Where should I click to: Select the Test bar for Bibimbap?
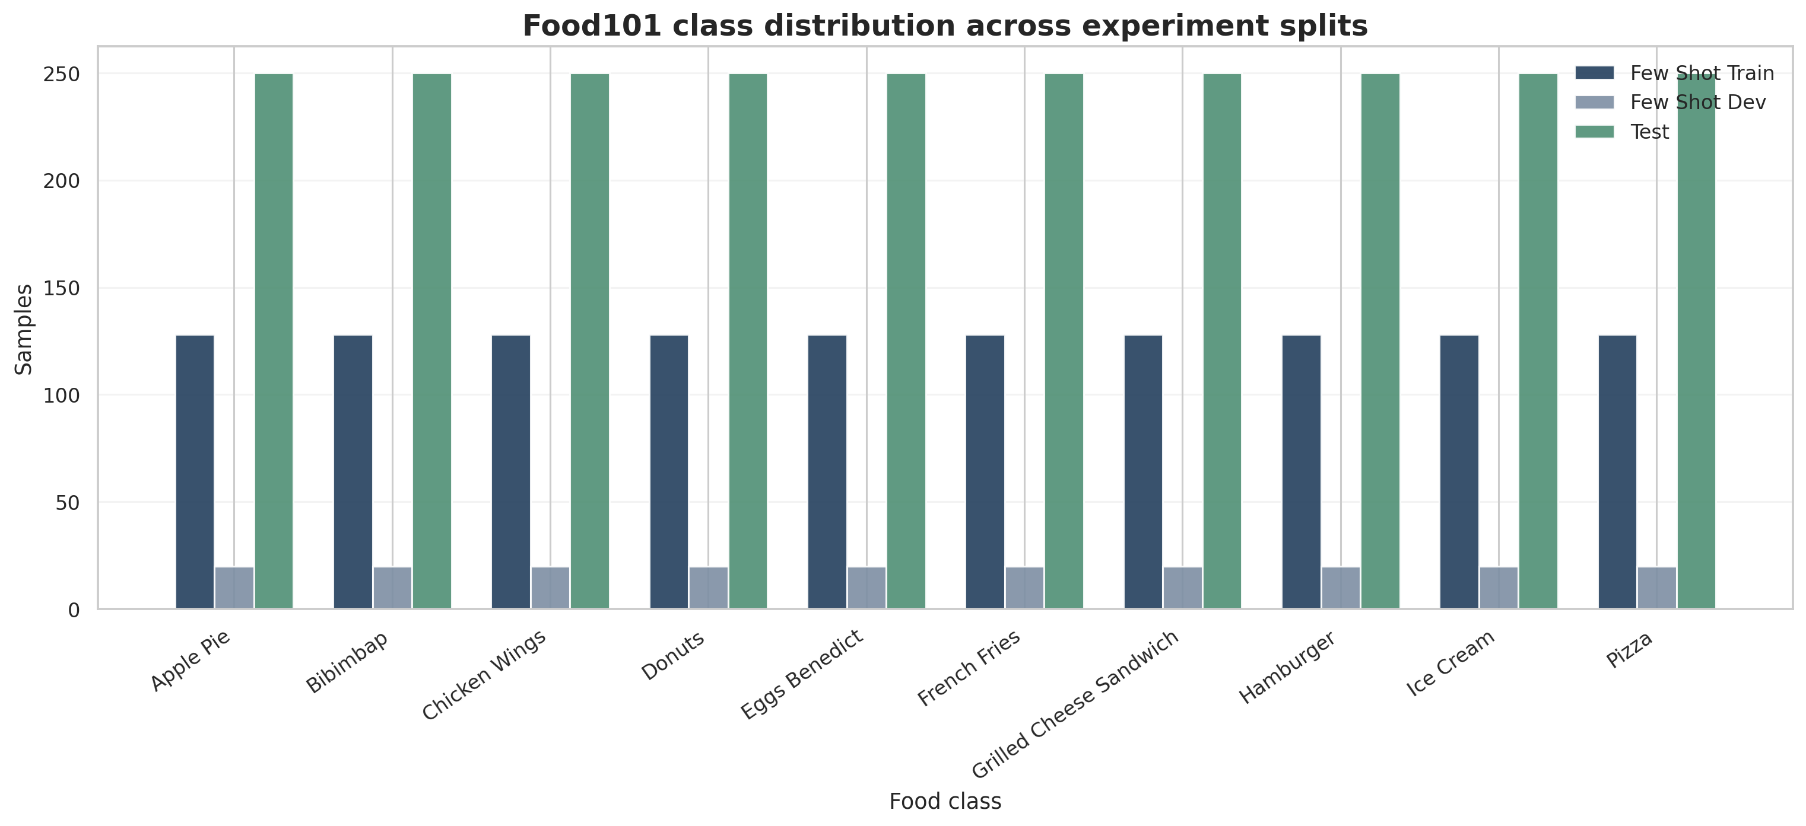(x=432, y=341)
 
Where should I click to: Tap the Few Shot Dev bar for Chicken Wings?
(x=550, y=588)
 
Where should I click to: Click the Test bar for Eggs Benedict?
(x=906, y=341)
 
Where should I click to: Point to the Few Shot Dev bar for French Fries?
(x=1024, y=588)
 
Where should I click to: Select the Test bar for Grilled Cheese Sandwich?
(x=1222, y=341)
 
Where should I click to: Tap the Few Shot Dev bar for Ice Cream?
(x=1499, y=588)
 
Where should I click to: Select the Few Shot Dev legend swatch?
(x=1594, y=103)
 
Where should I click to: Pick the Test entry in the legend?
(x=1649, y=132)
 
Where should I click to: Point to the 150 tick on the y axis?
(x=62, y=288)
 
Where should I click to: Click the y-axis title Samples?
(x=24, y=329)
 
